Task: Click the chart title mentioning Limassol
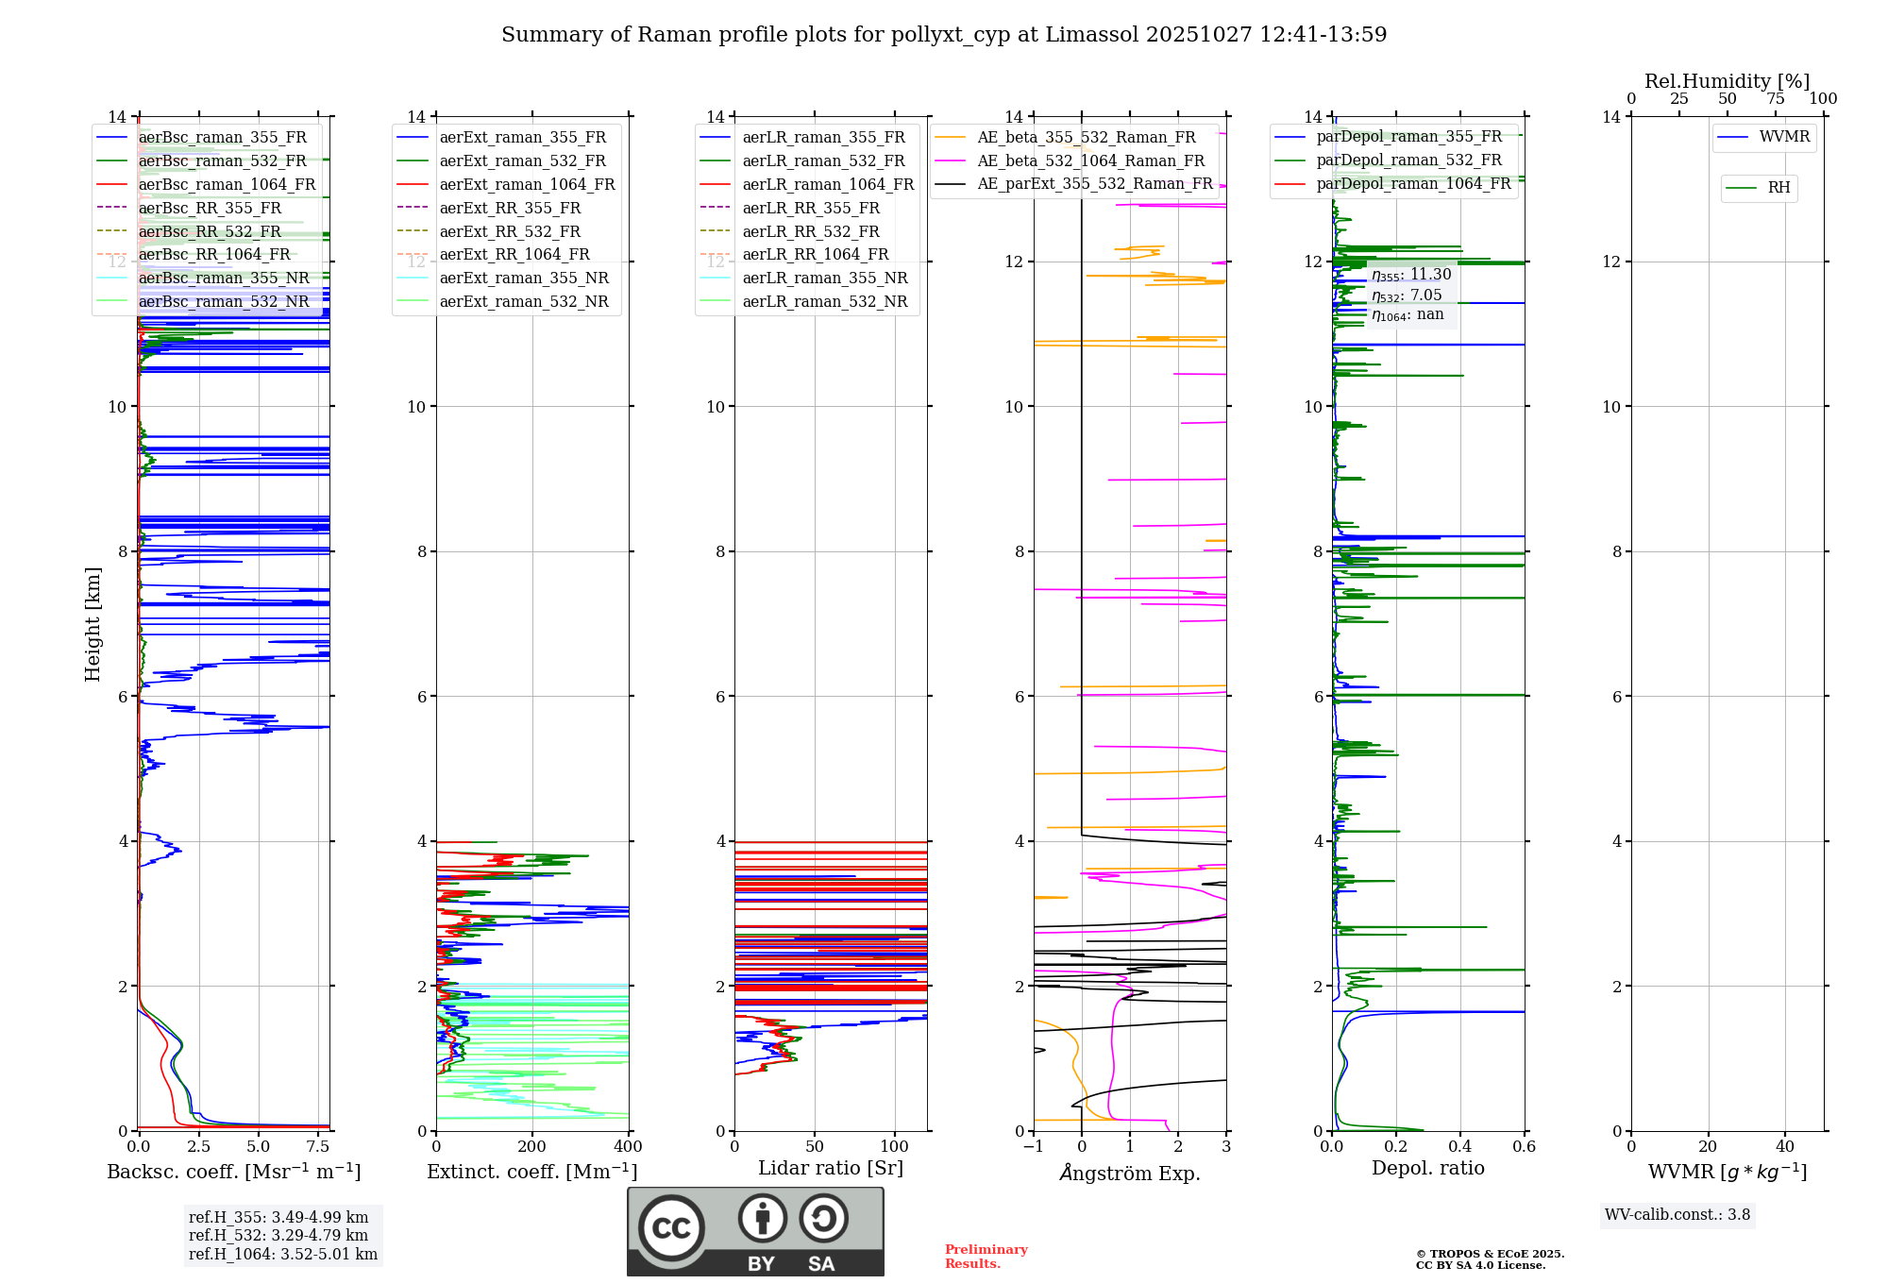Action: click(x=944, y=35)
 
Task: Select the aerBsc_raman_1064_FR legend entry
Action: click(x=227, y=185)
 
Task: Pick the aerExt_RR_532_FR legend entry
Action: click(x=510, y=232)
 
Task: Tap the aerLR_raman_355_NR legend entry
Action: click(x=824, y=279)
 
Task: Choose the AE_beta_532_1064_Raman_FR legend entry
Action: click(x=1090, y=161)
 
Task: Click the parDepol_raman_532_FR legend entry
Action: click(x=1408, y=160)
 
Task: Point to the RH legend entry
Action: click(x=1778, y=188)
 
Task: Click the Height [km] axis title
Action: click(x=93, y=623)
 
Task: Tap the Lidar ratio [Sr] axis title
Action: click(x=831, y=1168)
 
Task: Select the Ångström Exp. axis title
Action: click(x=1130, y=1173)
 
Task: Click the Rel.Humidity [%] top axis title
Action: click(x=1727, y=81)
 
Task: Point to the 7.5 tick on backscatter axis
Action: click(x=318, y=1147)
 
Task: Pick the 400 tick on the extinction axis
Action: click(x=629, y=1147)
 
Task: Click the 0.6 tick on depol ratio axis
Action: click(x=1524, y=1147)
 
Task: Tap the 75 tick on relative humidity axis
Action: click(x=1776, y=99)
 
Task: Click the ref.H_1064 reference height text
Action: click(x=283, y=1255)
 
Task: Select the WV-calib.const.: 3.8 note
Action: click(x=1677, y=1215)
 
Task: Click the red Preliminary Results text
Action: click(x=986, y=1257)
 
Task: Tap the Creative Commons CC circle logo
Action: click(x=671, y=1227)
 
